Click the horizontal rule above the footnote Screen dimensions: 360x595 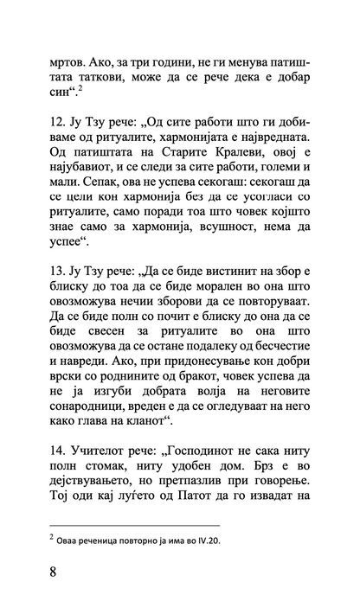(136, 526)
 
